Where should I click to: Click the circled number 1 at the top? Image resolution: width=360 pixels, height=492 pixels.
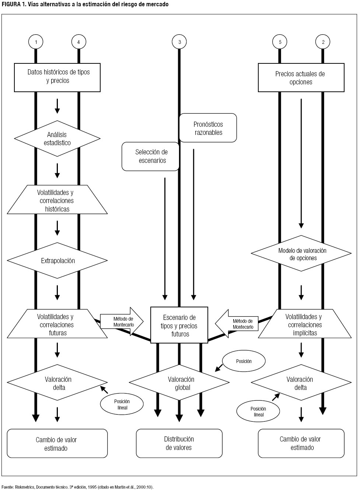(x=36, y=42)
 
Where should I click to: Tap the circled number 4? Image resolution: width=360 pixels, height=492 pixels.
(x=78, y=42)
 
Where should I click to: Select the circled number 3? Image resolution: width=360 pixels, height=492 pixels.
(x=179, y=42)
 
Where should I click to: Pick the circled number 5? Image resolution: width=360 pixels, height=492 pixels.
(x=280, y=42)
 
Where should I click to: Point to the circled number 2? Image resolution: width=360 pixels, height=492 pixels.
(x=323, y=42)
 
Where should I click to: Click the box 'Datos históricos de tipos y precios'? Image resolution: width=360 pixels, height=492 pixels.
(x=57, y=77)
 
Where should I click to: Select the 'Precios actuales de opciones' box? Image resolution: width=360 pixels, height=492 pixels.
(x=301, y=78)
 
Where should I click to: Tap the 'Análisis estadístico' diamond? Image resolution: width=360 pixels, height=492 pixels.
(x=57, y=139)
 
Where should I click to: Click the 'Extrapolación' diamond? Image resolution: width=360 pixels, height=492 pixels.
(x=57, y=261)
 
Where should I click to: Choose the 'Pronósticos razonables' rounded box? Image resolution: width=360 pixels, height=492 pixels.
(x=208, y=128)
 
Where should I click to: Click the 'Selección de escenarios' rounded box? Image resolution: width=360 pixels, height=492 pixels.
(x=151, y=157)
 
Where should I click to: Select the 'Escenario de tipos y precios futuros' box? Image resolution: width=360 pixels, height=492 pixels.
(x=179, y=325)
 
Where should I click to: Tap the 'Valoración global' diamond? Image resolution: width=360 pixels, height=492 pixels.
(x=179, y=383)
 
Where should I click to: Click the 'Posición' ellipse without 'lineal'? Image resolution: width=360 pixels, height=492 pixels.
(x=244, y=361)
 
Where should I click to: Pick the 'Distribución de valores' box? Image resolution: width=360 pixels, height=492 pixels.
(x=179, y=443)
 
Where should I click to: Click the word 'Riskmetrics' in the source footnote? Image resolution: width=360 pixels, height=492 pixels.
(x=25, y=487)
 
